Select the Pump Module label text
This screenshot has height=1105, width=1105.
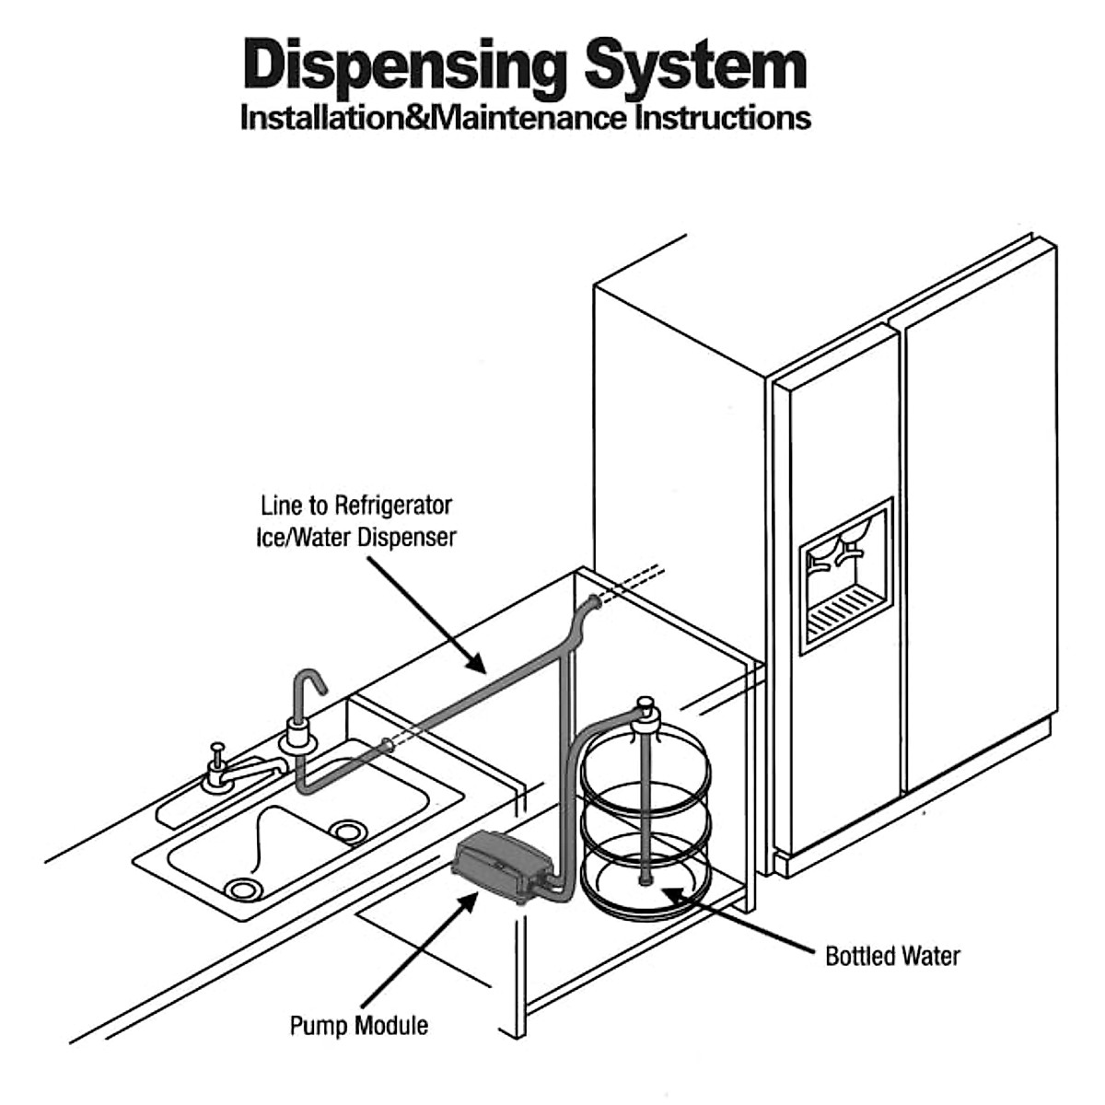[359, 1025]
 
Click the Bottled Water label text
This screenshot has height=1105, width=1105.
[892, 956]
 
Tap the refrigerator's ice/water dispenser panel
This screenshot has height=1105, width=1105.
[845, 576]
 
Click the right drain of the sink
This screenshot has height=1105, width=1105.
[347, 832]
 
